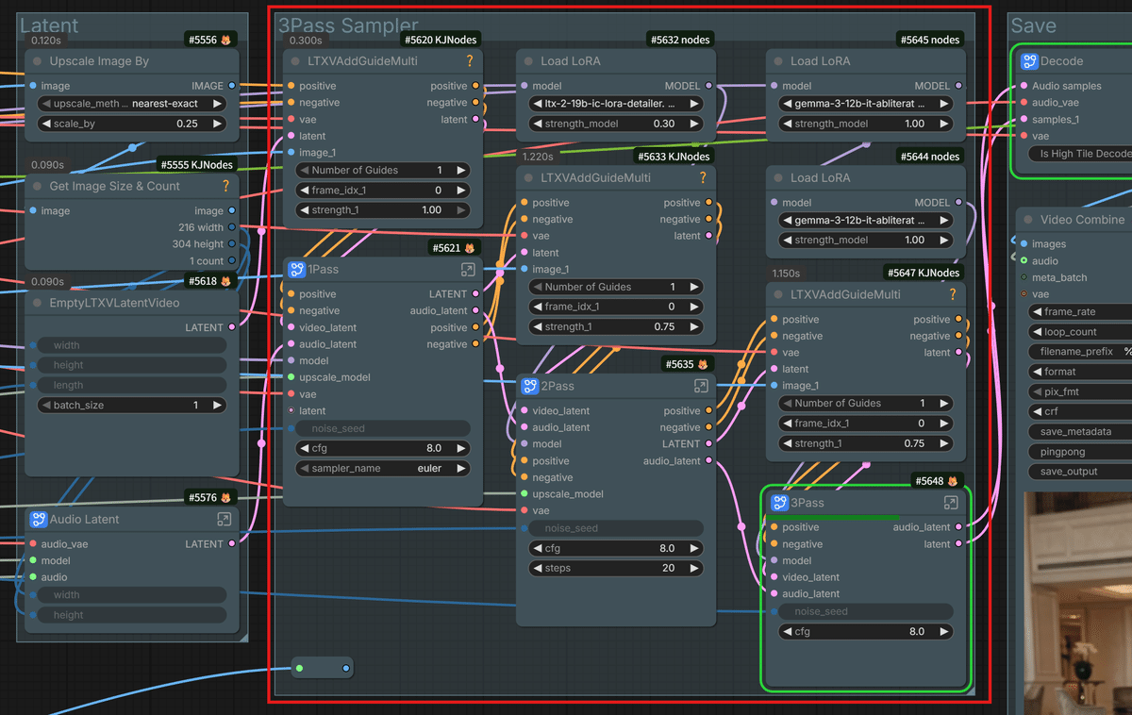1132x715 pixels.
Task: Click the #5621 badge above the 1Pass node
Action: pos(454,248)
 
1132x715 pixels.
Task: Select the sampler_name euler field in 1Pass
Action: pos(383,468)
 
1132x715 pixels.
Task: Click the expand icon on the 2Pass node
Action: pos(701,386)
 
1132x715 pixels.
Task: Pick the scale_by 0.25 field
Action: pos(132,124)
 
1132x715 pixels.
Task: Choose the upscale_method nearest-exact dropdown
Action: pos(132,103)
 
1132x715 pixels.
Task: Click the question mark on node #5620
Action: pos(470,61)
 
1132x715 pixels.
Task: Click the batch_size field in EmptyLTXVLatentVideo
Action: pos(132,405)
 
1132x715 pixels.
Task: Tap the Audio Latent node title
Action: pos(84,520)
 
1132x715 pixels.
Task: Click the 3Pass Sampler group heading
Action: pos(348,26)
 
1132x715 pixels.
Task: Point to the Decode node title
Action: pos(1061,61)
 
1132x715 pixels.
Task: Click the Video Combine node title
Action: pos(1082,220)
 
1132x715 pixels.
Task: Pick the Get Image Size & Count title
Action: pos(114,187)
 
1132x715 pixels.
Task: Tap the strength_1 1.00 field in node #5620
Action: pos(383,210)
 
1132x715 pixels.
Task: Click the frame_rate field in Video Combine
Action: pos(1080,311)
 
